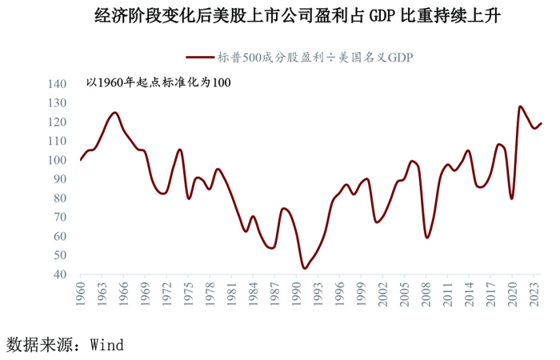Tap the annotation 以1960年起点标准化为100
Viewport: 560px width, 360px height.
coord(158,83)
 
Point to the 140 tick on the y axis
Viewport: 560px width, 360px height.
coord(58,84)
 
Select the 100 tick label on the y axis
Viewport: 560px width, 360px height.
coord(58,160)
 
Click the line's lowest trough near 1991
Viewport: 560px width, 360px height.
coord(304,268)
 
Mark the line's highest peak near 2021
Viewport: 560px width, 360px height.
coord(520,106)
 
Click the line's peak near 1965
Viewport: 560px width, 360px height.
coord(115,113)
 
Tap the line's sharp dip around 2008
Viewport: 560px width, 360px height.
coord(427,238)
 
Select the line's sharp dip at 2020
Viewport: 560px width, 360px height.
coord(512,198)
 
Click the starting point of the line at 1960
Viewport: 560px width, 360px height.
coord(80,160)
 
